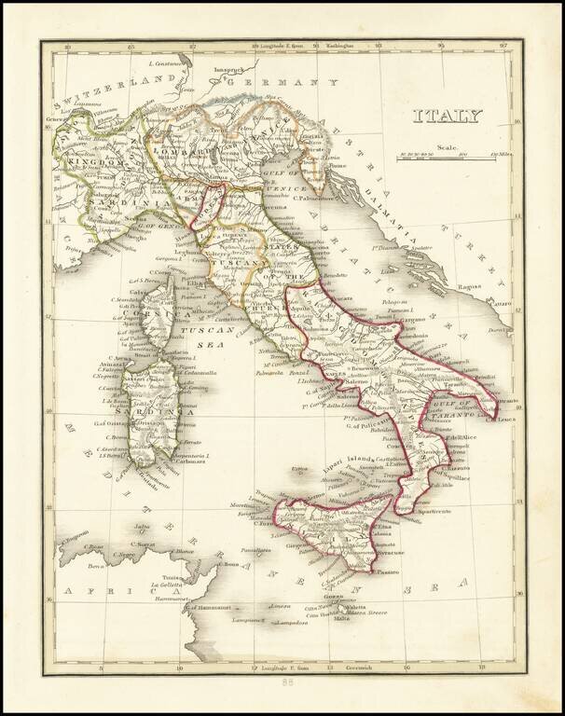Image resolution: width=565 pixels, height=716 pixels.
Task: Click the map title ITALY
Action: [x=448, y=117]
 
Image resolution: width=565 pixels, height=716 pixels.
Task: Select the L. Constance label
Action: [x=169, y=64]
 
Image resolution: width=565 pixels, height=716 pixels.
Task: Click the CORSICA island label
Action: [x=150, y=314]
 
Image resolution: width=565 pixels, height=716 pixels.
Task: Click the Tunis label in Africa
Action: [x=162, y=576]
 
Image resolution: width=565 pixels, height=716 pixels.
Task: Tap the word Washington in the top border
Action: [x=339, y=46]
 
